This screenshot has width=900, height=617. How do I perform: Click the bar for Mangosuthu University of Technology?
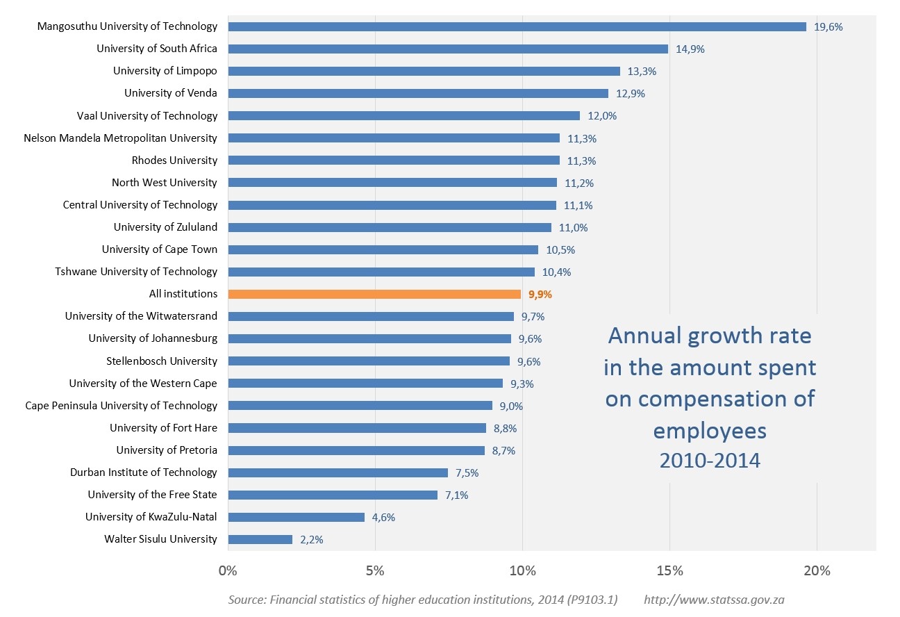[517, 26]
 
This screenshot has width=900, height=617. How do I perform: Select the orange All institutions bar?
[374, 294]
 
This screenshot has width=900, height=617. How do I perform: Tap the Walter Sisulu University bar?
[260, 539]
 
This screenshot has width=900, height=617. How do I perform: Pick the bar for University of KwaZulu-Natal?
[296, 517]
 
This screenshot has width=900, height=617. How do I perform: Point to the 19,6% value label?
[828, 27]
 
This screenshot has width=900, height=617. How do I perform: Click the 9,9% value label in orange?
[540, 295]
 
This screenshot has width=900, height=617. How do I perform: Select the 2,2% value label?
[312, 540]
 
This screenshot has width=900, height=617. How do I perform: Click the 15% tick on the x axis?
[669, 571]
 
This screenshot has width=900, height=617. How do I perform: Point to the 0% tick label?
[228, 571]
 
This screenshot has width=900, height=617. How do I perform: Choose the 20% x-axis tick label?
[817, 571]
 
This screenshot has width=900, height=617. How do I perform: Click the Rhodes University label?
[174, 161]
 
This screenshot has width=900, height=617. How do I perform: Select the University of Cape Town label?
[159, 249]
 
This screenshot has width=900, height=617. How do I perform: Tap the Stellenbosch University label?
[161, 361]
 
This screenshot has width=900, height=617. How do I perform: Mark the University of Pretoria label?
[167, 450]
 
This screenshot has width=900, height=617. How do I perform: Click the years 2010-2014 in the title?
[710, 460]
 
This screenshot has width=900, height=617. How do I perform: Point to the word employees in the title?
[710, 431]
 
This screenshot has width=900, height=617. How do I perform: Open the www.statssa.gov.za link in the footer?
[714, 600]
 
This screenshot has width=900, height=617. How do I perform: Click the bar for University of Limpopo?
[424, 71]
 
